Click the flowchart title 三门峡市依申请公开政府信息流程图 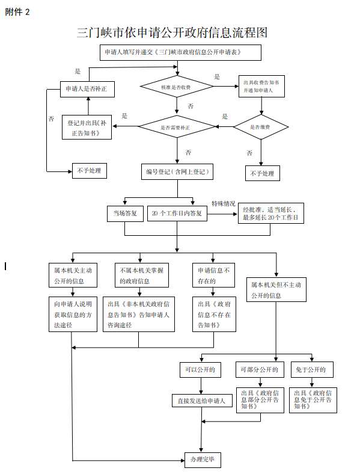(x=172, y=32)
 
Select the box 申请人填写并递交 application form (x=181, y=52)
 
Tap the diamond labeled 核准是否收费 (x=177, y=87)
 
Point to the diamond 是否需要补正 (x=177, y=126)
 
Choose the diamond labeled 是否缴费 (x=261, y=127)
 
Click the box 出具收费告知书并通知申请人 (x=261, y=86)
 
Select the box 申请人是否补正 (x=87, y=89)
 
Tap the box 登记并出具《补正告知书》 (x=87, y=128)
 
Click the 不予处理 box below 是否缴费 (x=263, y=173)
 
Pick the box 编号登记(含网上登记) (x=177, y=171)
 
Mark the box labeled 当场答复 (x=126, y=214)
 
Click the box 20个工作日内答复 (x=177, y=214)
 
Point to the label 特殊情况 (x=223, y=204)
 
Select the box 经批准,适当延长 (x=271, y=213)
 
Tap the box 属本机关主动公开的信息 (x=73, y=275)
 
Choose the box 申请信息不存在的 (x=214, y=275)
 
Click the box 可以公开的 (x=200, y=369)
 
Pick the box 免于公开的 (x=312, y=369)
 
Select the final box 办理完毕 (x=203, y=460)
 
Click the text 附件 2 (x=17, y=12)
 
